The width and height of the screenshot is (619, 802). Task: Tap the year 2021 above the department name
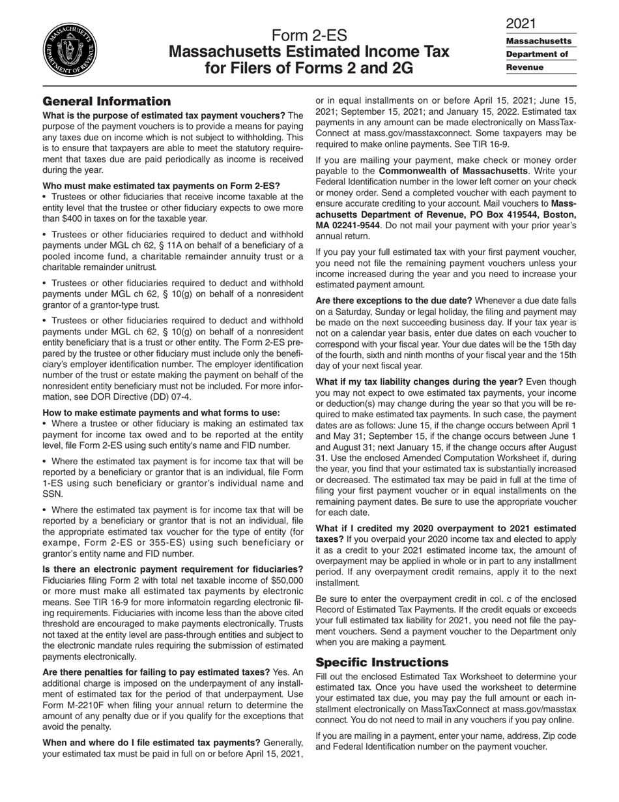(521, 23)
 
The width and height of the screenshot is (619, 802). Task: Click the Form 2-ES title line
(309, 35)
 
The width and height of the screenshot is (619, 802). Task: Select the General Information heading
(106, 101)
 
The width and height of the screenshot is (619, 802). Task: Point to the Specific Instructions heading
(382, 662)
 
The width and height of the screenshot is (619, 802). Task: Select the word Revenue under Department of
(525, 67)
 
